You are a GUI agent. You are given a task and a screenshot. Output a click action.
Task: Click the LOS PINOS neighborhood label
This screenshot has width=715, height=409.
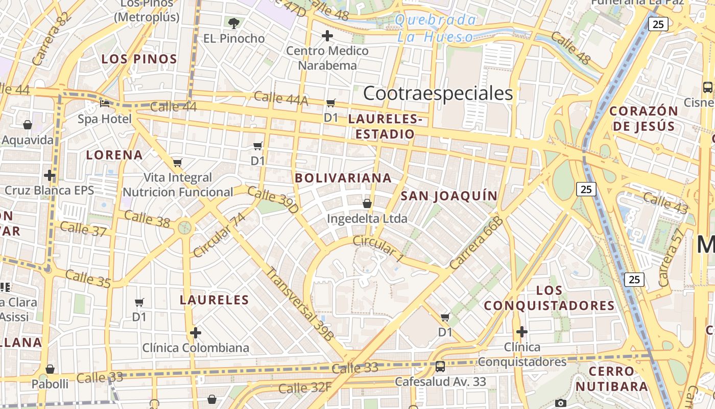(139, 59)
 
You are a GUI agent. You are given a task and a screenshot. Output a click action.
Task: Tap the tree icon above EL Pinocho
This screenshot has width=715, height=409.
(234, 23)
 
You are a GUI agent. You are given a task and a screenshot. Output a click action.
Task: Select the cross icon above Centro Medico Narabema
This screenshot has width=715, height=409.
(327, 36)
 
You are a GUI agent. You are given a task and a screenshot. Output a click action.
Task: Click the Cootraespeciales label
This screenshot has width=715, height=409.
(438, 94)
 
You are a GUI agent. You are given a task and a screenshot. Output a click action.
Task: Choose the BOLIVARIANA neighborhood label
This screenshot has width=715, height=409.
(343, 178)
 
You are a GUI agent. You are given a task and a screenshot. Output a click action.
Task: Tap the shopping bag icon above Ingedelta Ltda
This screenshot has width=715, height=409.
(367, 203)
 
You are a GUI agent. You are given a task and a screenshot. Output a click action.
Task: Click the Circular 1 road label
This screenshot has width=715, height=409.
(378, 249)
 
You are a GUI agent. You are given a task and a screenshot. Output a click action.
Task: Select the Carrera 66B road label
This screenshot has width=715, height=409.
(476, 243)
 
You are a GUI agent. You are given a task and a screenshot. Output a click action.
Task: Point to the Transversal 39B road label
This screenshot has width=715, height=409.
(300, 304)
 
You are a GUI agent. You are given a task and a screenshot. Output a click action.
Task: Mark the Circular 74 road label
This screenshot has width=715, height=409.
(220, 235)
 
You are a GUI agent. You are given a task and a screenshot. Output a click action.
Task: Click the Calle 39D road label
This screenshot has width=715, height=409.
(273, 200)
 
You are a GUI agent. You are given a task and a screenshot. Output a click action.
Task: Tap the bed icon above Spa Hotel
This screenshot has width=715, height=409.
(105, 103)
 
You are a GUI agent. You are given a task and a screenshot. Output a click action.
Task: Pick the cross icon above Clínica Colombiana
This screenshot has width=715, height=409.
(195, 333)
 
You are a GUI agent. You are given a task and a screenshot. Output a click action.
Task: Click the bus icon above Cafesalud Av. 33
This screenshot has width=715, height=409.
(440, 366)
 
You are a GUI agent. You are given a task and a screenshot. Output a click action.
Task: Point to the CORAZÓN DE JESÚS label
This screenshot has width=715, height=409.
(643, 119)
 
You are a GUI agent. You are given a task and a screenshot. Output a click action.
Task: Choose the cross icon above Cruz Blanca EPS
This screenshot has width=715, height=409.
(50, 175)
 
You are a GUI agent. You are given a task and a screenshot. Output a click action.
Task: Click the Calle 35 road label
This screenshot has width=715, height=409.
(88, 279)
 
